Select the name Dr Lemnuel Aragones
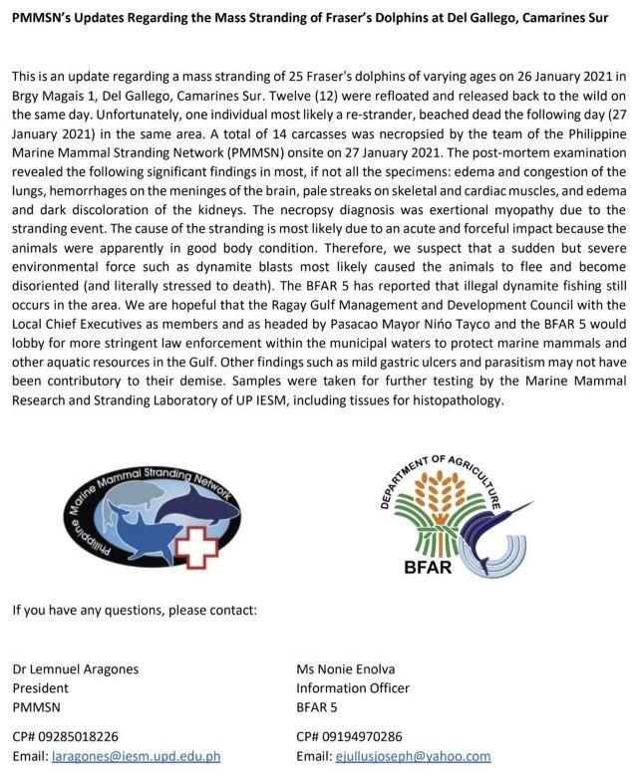tap(75, 668)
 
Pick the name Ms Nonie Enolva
tap(346, 668)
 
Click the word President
tap(40, 687)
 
